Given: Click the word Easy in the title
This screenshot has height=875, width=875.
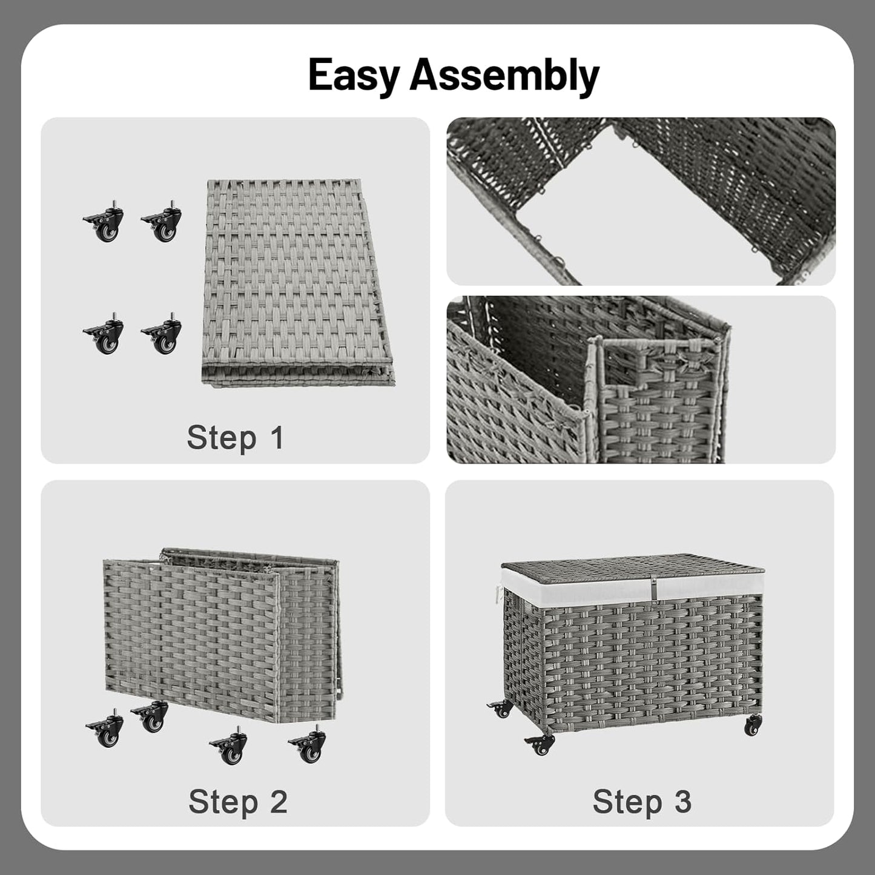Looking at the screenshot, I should [354, 75].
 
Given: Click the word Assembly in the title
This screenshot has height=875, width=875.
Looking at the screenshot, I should [504, 75].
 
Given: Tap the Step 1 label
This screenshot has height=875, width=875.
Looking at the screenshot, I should [235, 437].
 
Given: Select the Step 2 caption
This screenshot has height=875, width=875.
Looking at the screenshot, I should [237, 802].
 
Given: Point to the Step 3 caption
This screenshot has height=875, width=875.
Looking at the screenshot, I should [642, 802].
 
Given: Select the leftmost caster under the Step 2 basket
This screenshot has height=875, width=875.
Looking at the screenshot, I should [106, 731].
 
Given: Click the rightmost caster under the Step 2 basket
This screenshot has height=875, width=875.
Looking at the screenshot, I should [309, 747].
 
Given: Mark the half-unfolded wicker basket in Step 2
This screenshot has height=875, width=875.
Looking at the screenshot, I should [221, 636].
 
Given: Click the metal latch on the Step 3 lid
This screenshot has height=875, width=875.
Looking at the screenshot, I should [653, 586].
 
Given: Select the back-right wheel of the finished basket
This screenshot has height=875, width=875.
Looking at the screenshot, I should [753, 724].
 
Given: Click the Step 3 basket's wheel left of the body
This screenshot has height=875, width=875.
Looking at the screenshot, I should [501, 708].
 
